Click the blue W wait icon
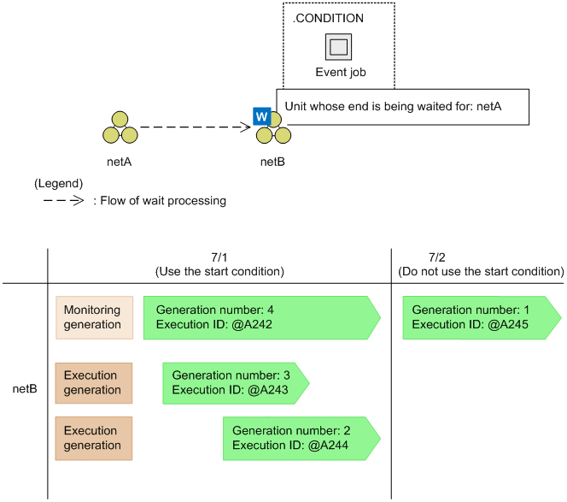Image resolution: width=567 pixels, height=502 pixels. (x=262, y=116)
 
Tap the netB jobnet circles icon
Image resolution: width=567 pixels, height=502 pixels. (x=275, y=132)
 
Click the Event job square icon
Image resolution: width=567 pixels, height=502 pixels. (x=339, y=47)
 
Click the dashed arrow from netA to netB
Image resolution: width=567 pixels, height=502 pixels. (x=195, y=127)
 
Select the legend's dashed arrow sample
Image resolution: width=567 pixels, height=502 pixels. (x=63, y=201)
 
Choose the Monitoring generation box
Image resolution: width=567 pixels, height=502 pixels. (x=94, y=317)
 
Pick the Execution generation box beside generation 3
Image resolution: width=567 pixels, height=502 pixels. (x=94, y=382)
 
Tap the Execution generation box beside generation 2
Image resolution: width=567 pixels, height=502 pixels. (x=94, y=438)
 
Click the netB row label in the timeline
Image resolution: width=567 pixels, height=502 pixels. (x=24, y=389)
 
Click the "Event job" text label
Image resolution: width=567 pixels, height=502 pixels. (x=340, y=73)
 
